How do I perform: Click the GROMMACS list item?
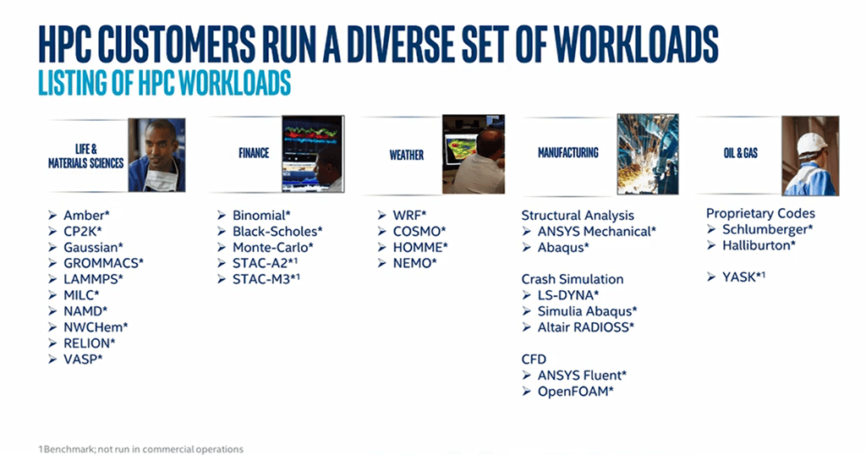tap(103, 263)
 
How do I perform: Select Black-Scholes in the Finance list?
tap(277, 232)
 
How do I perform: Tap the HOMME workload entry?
tap(420, 248)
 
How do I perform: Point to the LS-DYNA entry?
tap(568, 295)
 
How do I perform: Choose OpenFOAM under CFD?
tap(576, 392)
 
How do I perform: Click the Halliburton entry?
tap(759, 245)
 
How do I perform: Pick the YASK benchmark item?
tap(743, 277)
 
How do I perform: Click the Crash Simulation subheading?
tap(573, 279)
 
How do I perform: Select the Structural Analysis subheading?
tap(578, 216)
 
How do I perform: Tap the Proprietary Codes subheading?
tap(760, 213)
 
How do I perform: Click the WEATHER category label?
tap(407, 155)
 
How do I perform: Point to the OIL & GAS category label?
tap(741, 153)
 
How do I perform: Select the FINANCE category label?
tap(254, 153)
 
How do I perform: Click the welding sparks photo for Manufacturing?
tap(648, 154)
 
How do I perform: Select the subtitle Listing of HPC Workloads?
tap(165, 84)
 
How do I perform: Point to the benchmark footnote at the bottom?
tap(141, 449)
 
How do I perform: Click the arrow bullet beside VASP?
tap(52, 359)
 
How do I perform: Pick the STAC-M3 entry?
tap(266, 279)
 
